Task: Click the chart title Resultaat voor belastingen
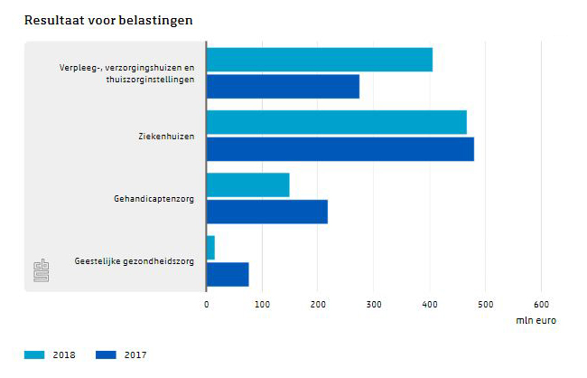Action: point(107,19)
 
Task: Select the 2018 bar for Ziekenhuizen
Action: point(336,122)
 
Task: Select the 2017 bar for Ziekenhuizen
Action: point(340,149)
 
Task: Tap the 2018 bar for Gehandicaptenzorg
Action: point(247,184)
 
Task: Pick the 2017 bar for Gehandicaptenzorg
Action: point(266,212)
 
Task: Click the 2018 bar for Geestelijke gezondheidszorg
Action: point(210,247)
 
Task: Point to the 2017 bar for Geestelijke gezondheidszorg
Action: point(228,274)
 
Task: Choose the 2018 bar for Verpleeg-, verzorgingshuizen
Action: point(319,60)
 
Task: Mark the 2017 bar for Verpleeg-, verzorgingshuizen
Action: point(283,87)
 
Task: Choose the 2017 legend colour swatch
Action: point(106,354)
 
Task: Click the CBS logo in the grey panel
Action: point(41,270)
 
